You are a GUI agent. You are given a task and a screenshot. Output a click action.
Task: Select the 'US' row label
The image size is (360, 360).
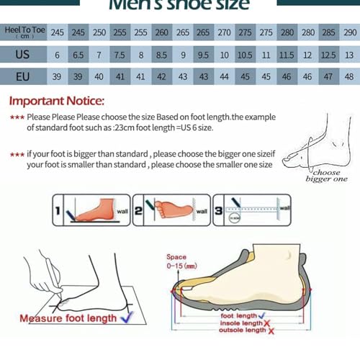(22, 55)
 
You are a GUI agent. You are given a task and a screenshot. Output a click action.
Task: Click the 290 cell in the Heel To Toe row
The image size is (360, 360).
(350, 33)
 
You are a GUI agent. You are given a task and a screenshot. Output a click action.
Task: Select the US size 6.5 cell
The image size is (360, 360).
(78, 55)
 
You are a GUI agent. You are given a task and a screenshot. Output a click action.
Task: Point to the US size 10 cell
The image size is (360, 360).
(225, 55)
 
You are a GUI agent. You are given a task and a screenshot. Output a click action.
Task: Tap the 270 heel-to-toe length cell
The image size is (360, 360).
(225, 33)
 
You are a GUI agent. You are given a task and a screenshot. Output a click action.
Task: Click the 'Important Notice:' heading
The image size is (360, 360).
(57, 101)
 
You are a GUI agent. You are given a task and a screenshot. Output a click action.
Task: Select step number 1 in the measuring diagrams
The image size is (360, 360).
(58, 211)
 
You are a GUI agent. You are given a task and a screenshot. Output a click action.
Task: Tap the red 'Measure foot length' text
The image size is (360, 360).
(68, 318)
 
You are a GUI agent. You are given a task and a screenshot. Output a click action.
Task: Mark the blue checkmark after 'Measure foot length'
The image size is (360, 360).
(126, 317)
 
